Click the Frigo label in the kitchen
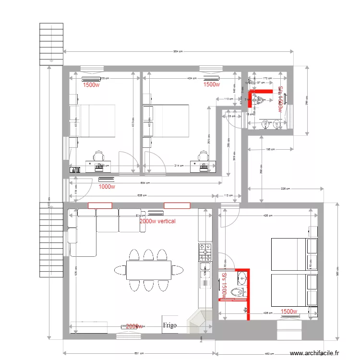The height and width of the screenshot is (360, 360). tap(169, 325)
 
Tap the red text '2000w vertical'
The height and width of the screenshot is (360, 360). tap(157, 221)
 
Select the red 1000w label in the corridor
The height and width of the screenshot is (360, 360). tap(107, 187)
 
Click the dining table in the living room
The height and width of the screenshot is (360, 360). tap(148, 270)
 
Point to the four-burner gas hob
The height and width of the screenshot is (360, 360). tap(205, 252)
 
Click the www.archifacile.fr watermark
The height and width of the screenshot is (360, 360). tap(317, 353)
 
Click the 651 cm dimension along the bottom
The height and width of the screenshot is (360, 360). tap(139, 353)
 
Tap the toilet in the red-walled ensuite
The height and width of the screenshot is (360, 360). tap(237, 291)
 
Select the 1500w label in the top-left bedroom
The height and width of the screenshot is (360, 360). tap(91, 85)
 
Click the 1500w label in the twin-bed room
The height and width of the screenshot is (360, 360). tap(289, 312)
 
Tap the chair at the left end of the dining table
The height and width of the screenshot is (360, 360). tap(119, 270)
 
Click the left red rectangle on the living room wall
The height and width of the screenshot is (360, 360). tap(100, 205)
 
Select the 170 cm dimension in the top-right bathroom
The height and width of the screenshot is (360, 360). tap(268, 78)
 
